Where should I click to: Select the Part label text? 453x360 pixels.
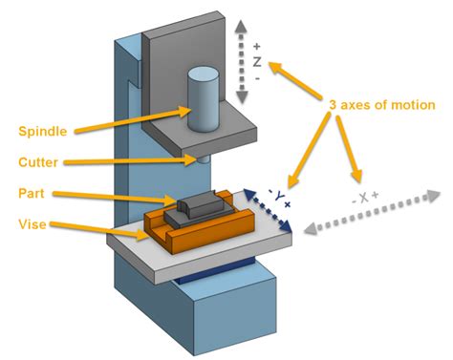point(31,194)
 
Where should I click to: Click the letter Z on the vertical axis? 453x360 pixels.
point(257,61)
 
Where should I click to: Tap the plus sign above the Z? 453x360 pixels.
point(257,45)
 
